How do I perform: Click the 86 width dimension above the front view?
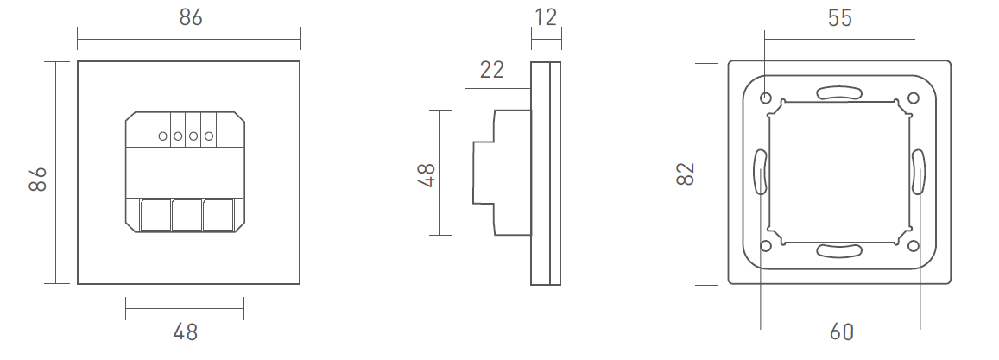pos(190,17)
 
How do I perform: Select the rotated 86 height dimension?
pos(37,180)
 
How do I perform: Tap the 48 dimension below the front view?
pos(185,332)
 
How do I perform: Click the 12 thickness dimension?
pos(546,16)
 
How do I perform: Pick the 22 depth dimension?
pos(491,70)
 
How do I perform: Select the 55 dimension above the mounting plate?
pos(839,17)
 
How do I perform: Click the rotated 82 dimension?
pos(686,173)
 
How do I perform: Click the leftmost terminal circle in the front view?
pos(162,136)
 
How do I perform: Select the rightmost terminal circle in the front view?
pos(207,136)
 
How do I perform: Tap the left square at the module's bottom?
pos(155,214)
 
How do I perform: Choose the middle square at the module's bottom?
pos(186,214)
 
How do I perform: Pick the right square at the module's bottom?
pos(218,214)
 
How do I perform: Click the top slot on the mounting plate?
pos(839,92)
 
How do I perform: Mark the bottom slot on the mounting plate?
pos(839,251)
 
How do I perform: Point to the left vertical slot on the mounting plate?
pos(761,171)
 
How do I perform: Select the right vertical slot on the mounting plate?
pos(917,171)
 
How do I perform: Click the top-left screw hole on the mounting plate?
pos(766,98)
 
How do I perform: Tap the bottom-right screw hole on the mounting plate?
pos(914,246)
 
